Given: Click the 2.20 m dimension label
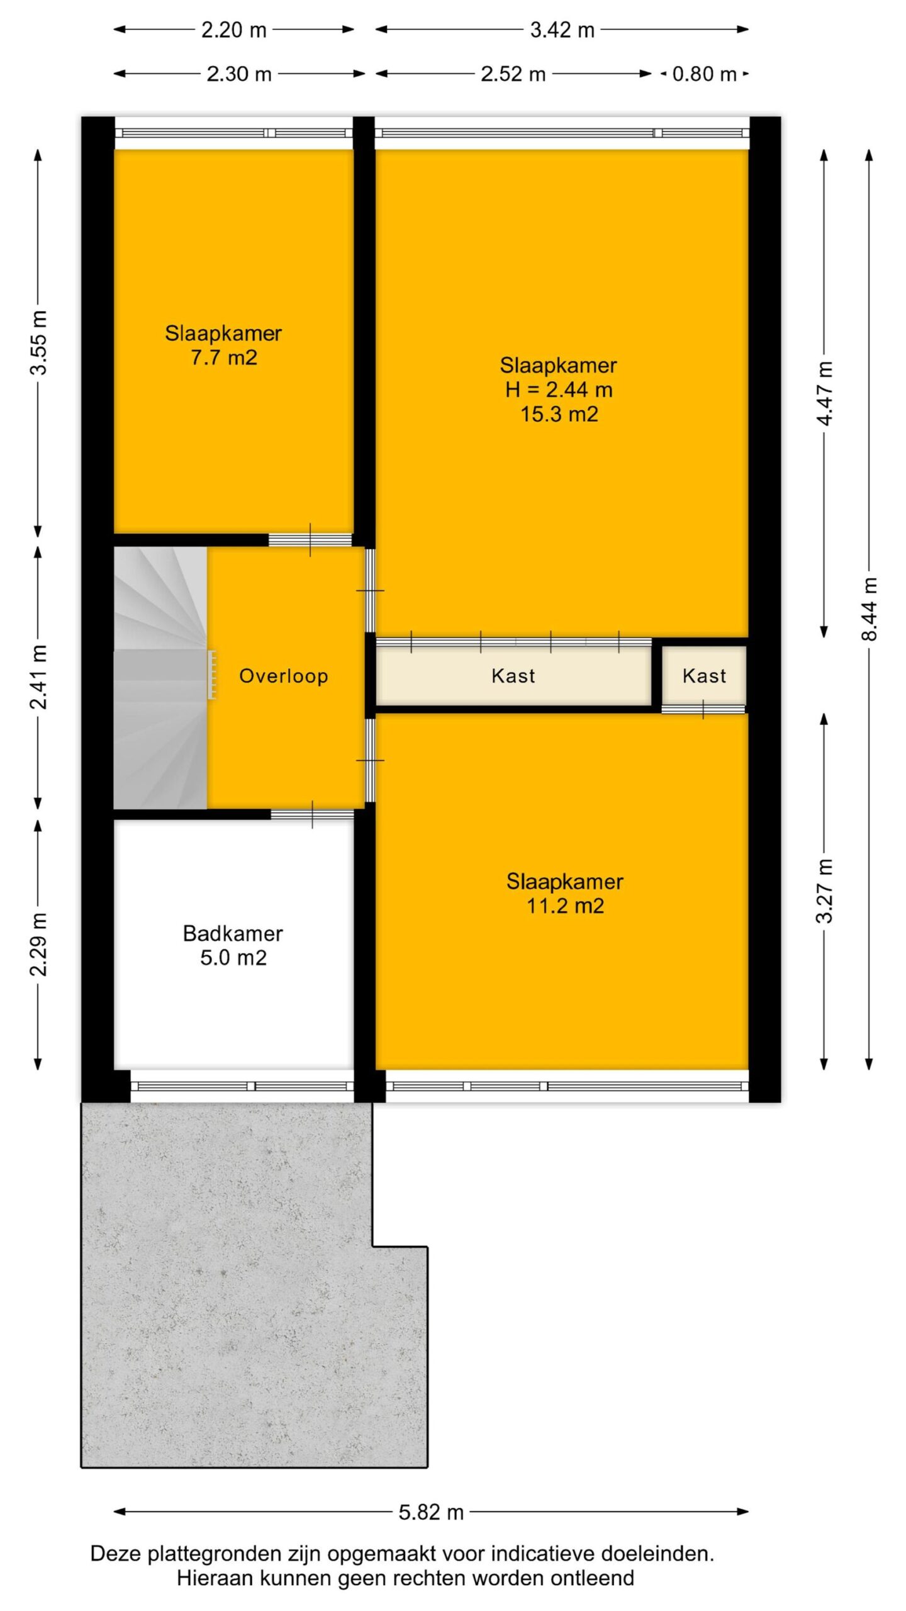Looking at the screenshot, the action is tap(234, 30).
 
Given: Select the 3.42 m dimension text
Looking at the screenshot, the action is tap(562, 30).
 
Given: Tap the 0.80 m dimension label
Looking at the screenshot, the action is tap(704, 74).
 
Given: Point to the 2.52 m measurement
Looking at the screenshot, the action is tap(513, 74).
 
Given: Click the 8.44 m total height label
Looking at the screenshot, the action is tap(869, 609).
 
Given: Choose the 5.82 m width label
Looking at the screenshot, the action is tap(431, 1512).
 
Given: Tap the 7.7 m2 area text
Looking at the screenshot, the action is tap(224, 358).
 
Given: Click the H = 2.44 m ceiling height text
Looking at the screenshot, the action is tap(559, 390).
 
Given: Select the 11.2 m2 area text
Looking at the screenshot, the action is tap(565, 906).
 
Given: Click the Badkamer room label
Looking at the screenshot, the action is tap(233, 933).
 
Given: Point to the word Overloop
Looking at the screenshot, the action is tap(284, 676).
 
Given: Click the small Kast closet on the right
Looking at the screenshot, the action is tap(704, 675).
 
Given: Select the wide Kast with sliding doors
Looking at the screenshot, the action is tap(513, 675).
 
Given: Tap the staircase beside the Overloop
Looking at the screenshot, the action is tap(160, 678).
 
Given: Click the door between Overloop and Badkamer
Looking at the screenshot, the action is tap(313, 814).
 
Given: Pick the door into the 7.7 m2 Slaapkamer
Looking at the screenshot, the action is tap(310, 540).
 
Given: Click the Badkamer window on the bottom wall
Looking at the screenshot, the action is tap(242, 1086).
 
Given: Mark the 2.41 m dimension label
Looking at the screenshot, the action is tap(39, 677).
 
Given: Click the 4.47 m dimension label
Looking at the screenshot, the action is tap(825, 393).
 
